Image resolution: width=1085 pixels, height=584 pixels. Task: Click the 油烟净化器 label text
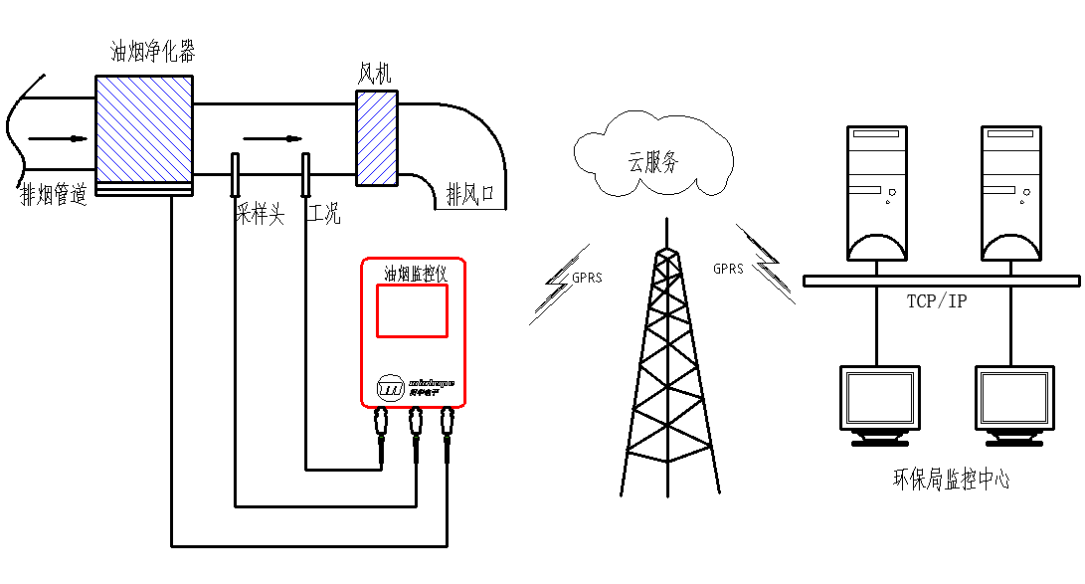point(152,53)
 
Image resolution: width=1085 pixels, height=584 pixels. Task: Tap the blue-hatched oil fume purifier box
point(143,126)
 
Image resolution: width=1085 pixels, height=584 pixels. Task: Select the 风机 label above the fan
point(377,75)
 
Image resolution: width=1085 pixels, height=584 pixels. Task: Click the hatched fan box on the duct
point(377,137)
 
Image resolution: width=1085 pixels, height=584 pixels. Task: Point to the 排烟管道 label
point(54,196)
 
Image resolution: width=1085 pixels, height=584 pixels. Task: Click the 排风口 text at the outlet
point(470,193)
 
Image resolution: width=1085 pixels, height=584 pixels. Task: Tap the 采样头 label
point(260,213)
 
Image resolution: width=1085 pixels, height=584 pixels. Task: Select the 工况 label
point(325,213)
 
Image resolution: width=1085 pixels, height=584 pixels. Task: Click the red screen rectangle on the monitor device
point(412,310)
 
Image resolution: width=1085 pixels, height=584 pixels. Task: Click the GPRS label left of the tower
point(587,278)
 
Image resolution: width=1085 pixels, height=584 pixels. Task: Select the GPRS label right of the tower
point(728,269)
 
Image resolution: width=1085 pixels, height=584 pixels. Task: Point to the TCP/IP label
point(936,300)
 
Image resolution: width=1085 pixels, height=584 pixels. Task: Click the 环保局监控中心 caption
point(951,480)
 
